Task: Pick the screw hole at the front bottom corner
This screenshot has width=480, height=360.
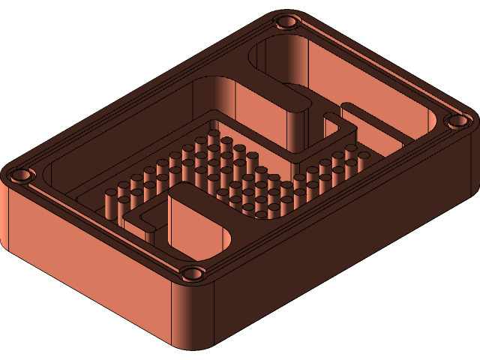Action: (192, 274)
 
